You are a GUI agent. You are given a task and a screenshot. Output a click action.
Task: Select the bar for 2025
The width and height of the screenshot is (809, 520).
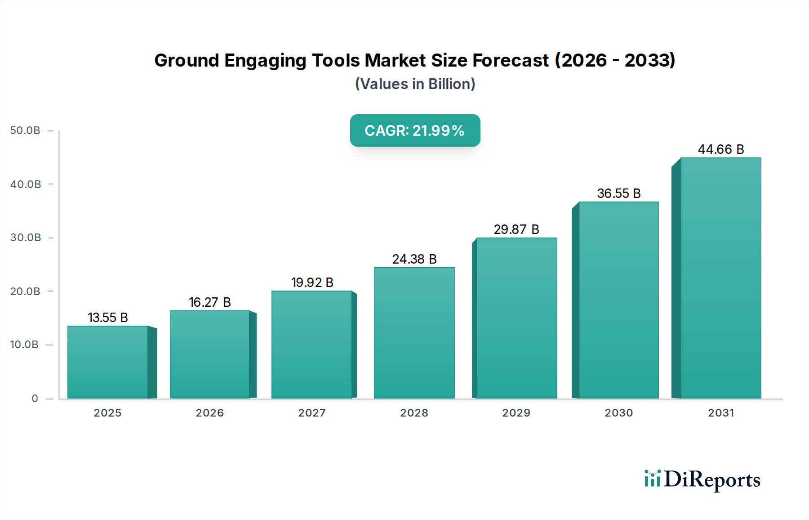pos(108,362)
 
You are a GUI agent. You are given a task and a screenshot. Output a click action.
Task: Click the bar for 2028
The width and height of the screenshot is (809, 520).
pos(414,333)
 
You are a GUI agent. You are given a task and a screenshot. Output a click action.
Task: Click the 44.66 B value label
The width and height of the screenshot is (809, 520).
pos(721,149)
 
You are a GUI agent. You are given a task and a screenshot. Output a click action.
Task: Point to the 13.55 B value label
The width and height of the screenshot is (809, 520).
pos(108,318)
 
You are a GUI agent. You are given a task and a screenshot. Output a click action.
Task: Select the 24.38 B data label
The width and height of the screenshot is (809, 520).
pos(414,259)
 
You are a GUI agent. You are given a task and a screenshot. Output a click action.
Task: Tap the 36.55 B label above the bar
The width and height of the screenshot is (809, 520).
pos(619,193)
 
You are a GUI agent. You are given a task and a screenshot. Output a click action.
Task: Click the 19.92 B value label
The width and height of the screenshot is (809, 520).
pos(312,282)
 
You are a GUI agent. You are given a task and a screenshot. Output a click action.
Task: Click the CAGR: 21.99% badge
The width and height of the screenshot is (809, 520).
pos(415,130)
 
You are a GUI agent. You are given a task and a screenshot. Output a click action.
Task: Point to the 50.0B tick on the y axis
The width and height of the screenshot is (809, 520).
pos(25,130)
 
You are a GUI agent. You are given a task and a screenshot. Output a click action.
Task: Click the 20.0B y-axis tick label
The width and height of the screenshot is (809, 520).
pos(25,291)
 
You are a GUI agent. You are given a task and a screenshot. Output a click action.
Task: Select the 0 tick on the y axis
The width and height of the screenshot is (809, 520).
pos(35,399)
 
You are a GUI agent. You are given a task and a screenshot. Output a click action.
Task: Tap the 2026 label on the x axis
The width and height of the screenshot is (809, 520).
pos(209,413)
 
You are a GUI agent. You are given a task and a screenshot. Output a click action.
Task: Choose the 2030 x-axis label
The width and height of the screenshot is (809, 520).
pos(618,413)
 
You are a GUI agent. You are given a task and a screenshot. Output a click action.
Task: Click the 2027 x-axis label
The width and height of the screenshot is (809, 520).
pos(312,413)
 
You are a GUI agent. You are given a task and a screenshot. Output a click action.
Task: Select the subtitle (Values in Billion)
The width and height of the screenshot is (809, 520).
pos(415,84)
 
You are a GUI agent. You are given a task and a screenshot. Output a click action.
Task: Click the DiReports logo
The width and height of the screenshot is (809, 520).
pos(702,480)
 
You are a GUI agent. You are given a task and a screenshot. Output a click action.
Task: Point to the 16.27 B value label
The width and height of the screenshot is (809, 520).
pos(209,302)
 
